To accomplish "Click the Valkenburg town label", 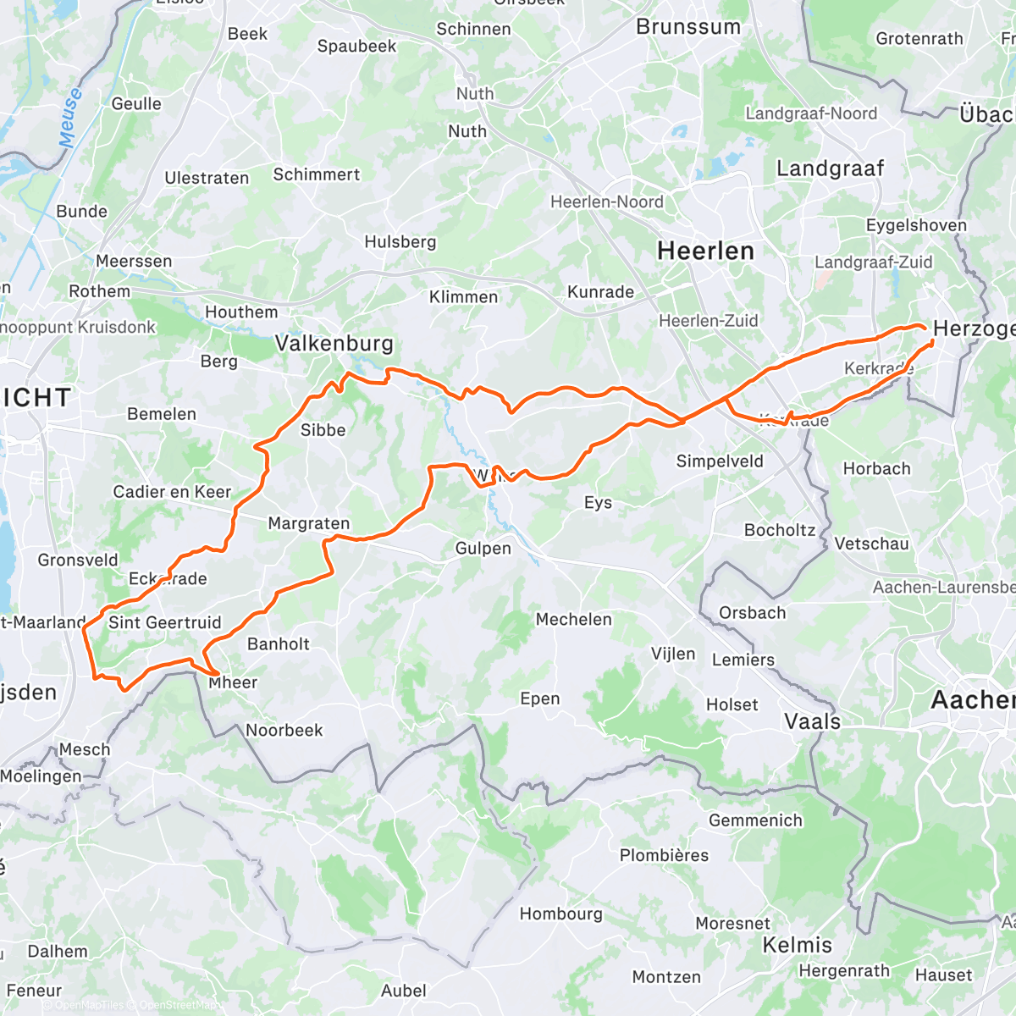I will [334, 344].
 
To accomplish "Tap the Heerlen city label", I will [705, 251].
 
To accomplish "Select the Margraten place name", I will [308, 524].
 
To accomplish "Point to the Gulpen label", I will [483, 549].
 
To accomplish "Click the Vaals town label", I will [813, 722].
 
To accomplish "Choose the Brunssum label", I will [687, 27].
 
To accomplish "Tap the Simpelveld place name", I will [720, 461].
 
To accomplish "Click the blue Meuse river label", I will [70, 118].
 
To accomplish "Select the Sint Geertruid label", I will [164, 623].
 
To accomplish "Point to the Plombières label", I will [664, 855].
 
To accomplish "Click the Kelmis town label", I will [798, 945].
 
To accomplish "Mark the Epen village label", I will [540, 699].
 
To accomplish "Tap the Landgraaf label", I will [830, 169].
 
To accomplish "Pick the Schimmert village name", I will [316, 175].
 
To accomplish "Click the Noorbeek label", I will [284, 731].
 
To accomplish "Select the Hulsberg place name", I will [400, 242].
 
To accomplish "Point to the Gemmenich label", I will [755, 820].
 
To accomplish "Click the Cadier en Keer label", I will [172, 492].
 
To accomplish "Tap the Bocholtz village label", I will [779, 531].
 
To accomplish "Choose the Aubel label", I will [403, 991].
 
